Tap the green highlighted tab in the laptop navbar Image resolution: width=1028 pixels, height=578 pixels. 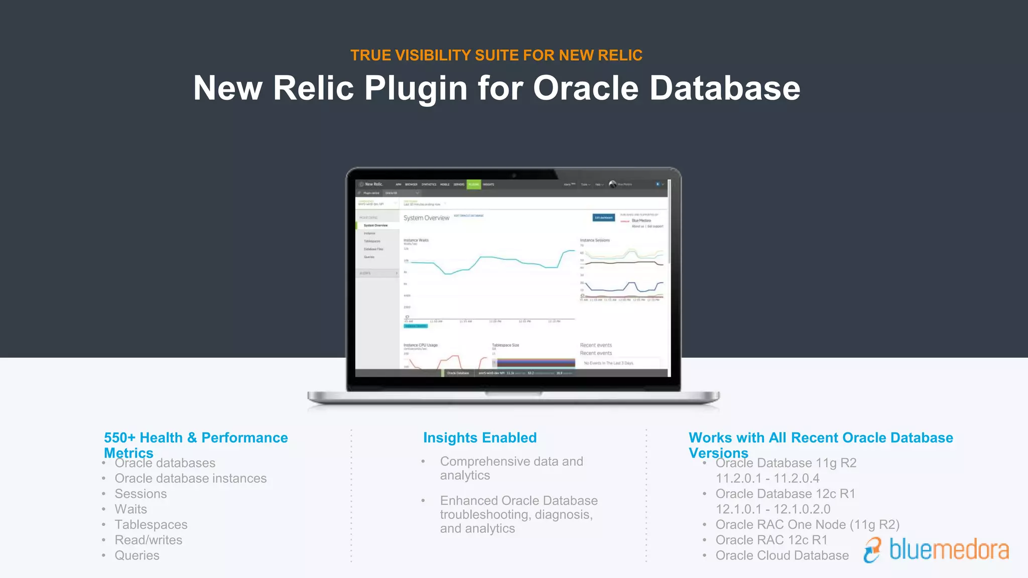pos(473,185)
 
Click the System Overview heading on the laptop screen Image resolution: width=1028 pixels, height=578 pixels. pos(426,218)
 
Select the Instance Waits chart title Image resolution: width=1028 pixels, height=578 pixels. pos(416,240)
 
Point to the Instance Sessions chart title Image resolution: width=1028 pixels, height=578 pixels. pos(595,240)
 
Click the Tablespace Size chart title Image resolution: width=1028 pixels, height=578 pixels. pos(505,345)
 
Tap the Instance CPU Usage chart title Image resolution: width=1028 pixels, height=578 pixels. pos(421,345)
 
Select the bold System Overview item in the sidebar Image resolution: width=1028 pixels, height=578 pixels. pos(375,226)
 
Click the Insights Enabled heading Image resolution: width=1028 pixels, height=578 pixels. pos(480,438)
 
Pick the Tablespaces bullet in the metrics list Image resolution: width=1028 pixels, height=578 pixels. pos(151,524)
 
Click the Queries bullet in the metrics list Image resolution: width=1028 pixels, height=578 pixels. pos(137,555)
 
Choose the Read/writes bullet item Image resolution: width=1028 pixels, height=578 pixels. pos(149,540)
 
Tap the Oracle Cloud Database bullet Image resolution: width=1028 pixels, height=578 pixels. pos(782,555)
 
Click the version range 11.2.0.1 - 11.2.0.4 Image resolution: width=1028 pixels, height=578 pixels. pos(767,478)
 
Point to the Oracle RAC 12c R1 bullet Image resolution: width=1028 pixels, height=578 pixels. pos(772,540)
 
